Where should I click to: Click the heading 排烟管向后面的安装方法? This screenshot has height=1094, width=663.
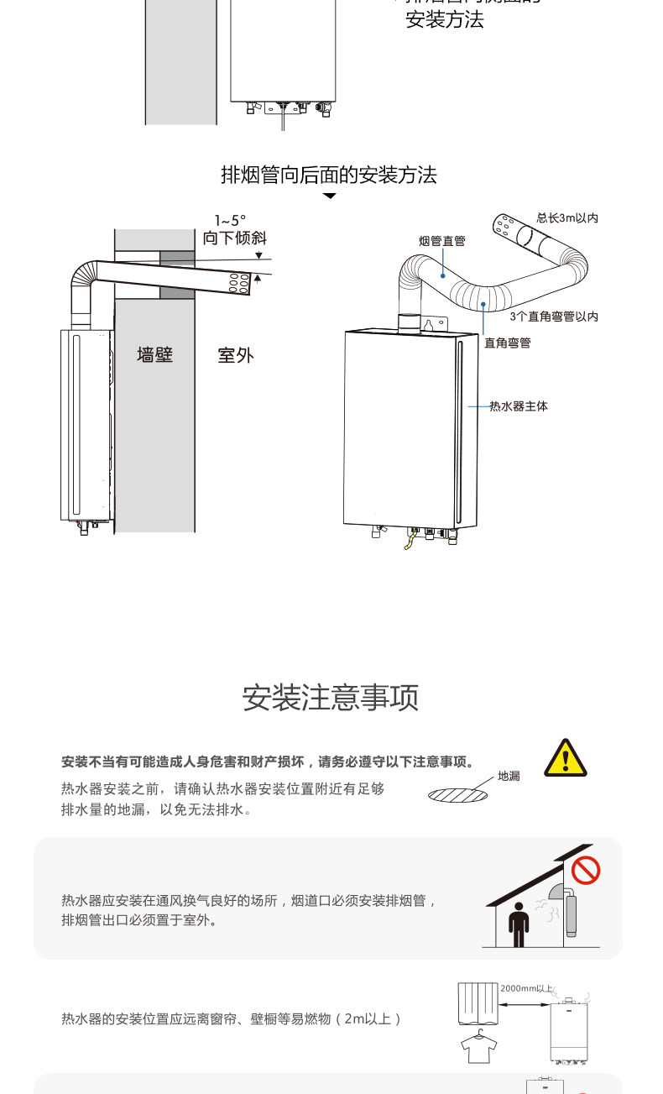[329, 175]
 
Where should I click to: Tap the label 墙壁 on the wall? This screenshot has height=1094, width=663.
[155, 355]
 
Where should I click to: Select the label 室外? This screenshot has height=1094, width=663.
[235, 355]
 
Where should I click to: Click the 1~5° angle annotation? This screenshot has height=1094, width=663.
[230, 221]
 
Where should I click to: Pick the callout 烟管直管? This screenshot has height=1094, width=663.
[442, 241]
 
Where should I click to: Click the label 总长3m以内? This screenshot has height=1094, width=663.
[567, 218]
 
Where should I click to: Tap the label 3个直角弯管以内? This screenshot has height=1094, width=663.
[554, 317]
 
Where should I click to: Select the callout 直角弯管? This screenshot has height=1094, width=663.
[508, 343]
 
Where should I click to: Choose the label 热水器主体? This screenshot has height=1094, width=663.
[519, 406]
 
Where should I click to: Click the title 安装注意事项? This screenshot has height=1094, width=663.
[331, 698]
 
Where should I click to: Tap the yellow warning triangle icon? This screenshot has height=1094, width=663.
[566, 758]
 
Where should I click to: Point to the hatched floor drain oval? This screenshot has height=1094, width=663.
[458, 793]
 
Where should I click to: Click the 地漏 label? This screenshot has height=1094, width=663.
[509, 776]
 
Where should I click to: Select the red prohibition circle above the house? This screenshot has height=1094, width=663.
[585, 869]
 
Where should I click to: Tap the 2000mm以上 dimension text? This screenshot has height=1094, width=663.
[527, 988]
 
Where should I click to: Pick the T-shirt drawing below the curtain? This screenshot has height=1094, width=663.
[479, 1047]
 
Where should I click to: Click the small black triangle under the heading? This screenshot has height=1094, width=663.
[330, 196]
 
